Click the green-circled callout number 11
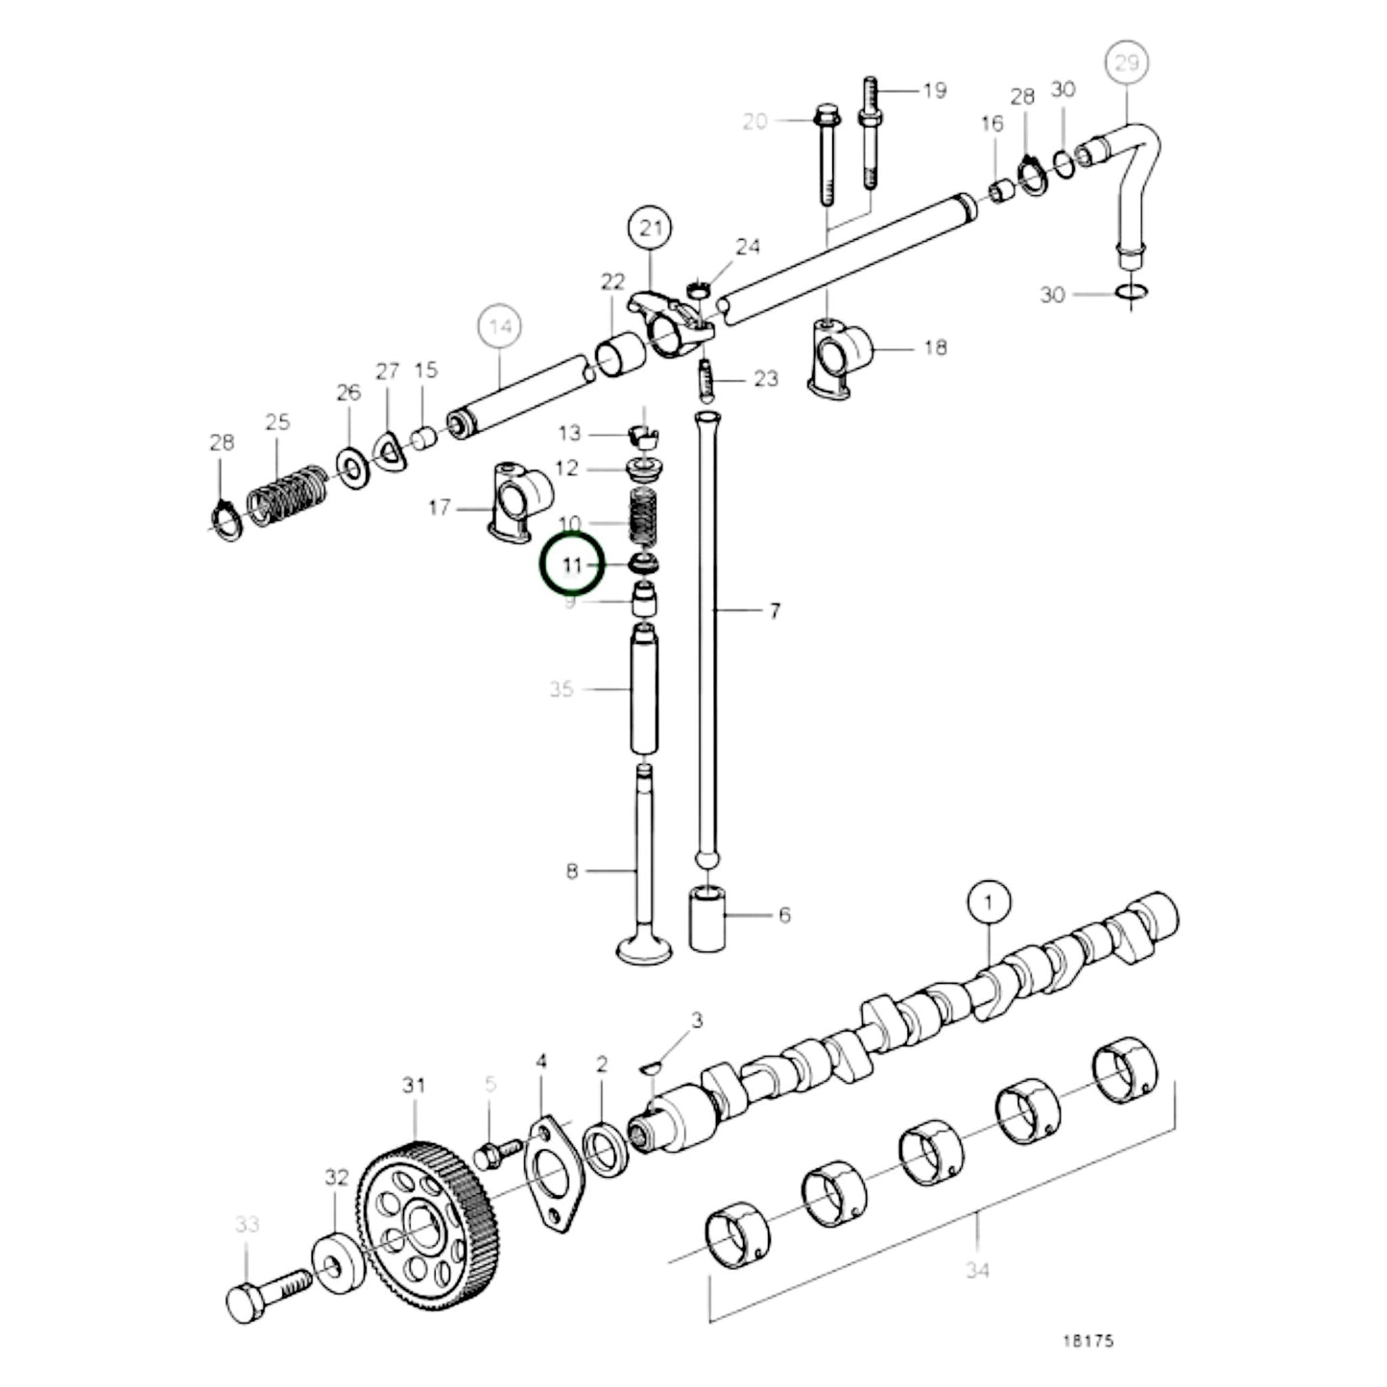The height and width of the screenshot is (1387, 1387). coord(571,565)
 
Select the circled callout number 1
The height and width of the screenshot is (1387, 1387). coord(990,902)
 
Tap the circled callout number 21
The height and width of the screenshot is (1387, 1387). coord(650,229)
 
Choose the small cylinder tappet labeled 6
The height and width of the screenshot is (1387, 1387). coord(707,921)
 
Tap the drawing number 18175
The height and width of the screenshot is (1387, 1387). coord(1087,1340)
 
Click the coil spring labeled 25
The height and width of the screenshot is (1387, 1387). coord(287,495)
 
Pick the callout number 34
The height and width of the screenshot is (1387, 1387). coord(977,1270)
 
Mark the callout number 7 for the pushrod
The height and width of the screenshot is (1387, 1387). coord(775,610)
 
